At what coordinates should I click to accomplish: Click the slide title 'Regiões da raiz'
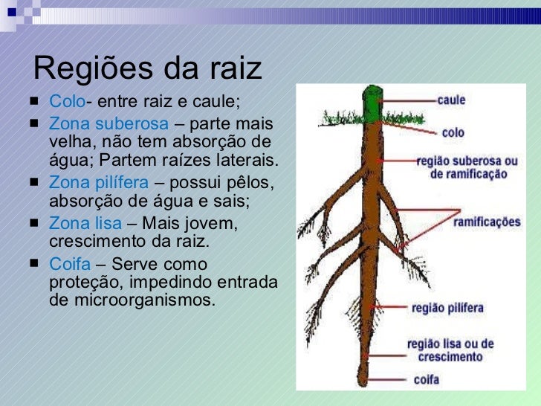(148, 68)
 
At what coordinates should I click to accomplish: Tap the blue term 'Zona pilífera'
(99, 182)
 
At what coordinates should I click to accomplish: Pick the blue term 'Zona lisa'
(85, 223)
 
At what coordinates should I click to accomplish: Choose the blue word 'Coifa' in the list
(69, 264)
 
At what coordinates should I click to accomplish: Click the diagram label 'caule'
(451, 99)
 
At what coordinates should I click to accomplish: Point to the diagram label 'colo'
(453, 132)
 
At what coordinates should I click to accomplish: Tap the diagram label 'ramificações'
(487, 222)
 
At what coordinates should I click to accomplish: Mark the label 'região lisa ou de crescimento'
(450, 350)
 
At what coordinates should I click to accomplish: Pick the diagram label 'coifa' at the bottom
(427, 380)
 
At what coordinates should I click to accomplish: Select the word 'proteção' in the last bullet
(82, 283)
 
